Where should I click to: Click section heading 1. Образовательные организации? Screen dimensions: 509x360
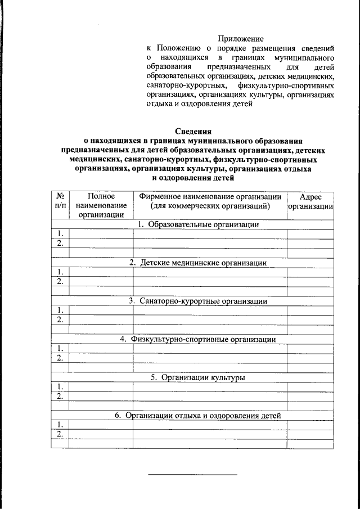198,224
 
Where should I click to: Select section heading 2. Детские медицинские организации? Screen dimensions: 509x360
198,263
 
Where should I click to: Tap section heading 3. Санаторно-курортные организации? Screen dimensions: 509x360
197,301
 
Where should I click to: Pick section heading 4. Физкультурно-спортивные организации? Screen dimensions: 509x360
197,339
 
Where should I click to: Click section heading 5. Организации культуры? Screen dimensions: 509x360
197,377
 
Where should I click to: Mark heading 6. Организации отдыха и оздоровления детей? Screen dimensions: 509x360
197,416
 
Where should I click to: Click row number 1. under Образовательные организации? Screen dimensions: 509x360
60,234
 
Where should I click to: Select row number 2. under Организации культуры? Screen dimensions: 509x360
60,396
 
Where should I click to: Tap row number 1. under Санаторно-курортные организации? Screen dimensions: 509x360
60,310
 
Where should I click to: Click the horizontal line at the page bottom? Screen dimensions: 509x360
192,475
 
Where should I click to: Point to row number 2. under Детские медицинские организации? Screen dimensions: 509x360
60,281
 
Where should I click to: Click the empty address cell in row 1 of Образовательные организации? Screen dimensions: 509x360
310,234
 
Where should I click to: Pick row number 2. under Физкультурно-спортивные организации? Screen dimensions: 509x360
60,358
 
